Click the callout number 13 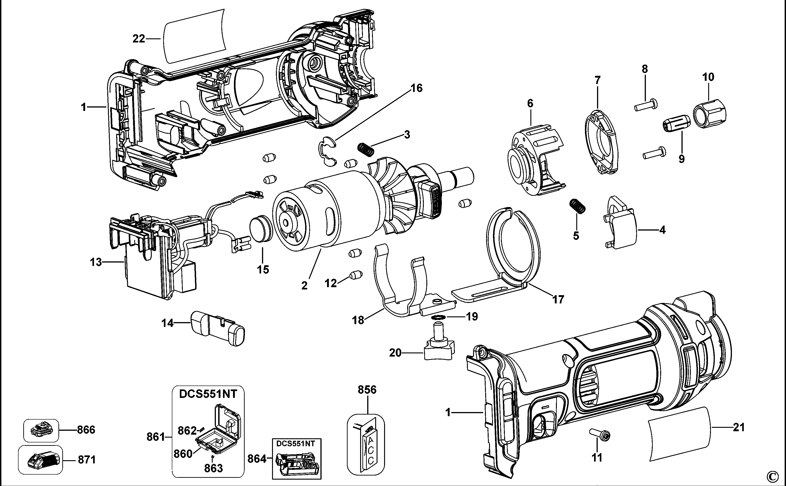click(x=96, y=262)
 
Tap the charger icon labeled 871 click(x=40, y=460)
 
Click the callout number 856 click(x=367, y=390)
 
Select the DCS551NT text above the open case click(x=208, y=394)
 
